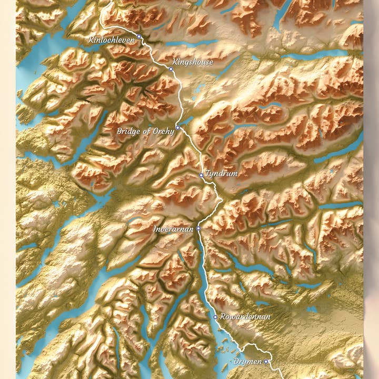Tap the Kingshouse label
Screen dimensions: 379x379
point(193,62)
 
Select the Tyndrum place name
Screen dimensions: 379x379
point(222,173)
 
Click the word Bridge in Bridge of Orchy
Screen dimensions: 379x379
point(128,131)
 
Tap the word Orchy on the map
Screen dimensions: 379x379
point(163,131)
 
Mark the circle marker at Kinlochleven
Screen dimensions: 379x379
point(139,36)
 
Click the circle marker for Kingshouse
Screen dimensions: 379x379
point(171,68)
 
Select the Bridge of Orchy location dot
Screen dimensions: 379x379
point(178,127)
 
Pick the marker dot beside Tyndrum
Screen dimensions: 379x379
point(201,175)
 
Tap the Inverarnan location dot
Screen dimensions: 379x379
point(198,228)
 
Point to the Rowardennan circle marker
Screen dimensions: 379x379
point(215,317)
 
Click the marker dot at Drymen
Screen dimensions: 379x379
point(266,362)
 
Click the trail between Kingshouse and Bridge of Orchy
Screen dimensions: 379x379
point(182,100)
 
